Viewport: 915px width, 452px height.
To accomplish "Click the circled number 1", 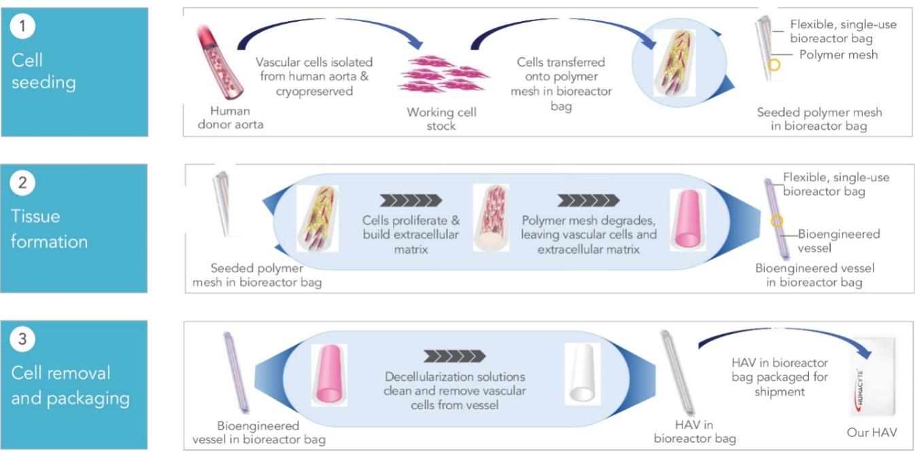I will click(22, 27).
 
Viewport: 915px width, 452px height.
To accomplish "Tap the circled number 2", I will click(22, 184).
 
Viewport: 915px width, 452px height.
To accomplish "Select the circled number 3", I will click(22, 340).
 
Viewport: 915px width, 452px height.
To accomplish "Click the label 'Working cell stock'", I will click(441, 119).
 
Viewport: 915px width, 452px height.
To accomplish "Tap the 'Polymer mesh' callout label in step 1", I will click(838, 54).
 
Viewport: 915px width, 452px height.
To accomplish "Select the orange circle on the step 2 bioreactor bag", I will click(778, 222).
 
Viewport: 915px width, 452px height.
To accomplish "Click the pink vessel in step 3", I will click(328, 374).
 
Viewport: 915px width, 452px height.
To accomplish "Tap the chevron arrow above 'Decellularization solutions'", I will click(454, 356).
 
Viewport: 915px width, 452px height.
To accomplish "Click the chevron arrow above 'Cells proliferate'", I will click(411, 200).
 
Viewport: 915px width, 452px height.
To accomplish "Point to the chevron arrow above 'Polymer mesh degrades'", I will click(588, 200).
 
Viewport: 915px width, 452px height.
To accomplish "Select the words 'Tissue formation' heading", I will click(49, 228).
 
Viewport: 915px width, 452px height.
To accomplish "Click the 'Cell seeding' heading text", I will click(43, 71).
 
